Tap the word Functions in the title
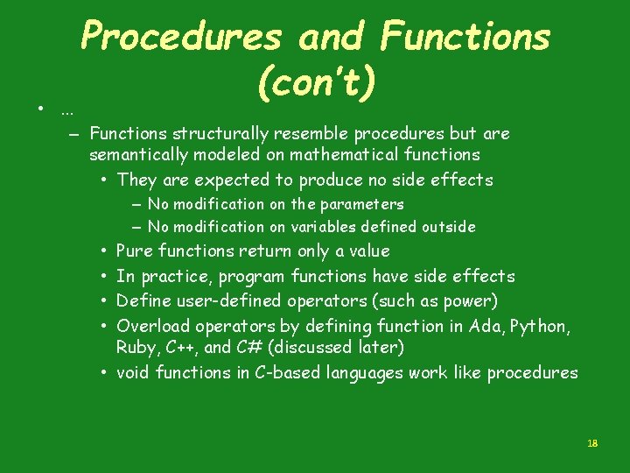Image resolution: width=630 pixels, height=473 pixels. click(x=465, y=38)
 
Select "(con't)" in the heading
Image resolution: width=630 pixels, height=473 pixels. click(x=318, y=83)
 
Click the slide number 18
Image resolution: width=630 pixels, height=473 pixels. click(x=591, y=444)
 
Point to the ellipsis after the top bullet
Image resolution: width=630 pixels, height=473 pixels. click(x=66, y=111)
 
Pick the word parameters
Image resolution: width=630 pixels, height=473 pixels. click(x=361, y=204)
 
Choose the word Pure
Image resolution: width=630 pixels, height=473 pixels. click(x=134, y=251)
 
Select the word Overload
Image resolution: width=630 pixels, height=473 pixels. click(x=151, y=326)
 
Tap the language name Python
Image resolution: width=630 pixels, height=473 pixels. click(x=541, y=326)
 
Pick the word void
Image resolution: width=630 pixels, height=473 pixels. click(x=133, y=372)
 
